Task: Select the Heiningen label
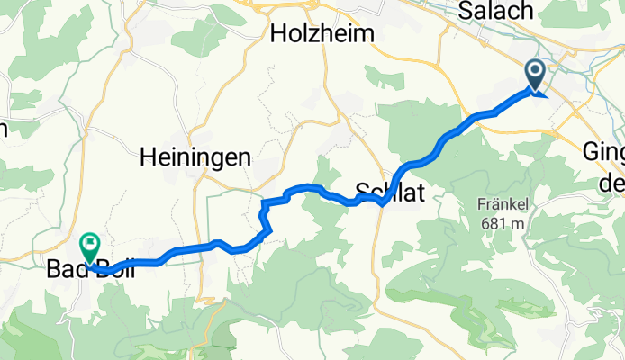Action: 195,158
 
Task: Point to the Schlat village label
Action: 386,191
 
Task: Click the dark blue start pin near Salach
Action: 535,75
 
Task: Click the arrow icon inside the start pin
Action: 535,72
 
